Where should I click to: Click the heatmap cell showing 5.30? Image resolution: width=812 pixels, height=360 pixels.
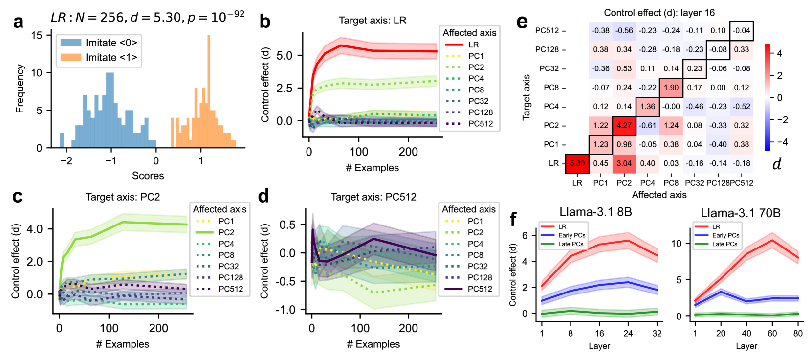pyautogui.click(x=577, y=163)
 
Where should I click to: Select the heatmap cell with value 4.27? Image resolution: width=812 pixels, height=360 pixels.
pyautogui.click(x=624, y=125)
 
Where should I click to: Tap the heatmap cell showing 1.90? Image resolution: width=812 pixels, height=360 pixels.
pyautogui.click(x=671, y=88)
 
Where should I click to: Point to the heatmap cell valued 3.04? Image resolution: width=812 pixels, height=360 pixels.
pyautogui.click(x=624, y=163)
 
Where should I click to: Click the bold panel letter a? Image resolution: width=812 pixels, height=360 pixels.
pyautogui.click(x=19, y=22)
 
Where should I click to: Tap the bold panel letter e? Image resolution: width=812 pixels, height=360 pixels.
pyautogui.click(x=522, y=22)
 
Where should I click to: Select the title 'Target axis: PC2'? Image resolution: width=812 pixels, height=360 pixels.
pyautogui.click(x=123, y=197)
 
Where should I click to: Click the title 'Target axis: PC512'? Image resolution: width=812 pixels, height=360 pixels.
pyautogui.click(x=373, y=197)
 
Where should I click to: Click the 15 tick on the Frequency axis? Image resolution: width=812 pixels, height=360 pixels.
pyautogui.click(x=37, y=35)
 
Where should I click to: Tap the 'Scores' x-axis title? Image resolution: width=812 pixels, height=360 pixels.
pyautogui.click(x=148, y=176)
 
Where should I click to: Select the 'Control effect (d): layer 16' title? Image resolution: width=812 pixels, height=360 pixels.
pyautogui.click(x=659, y=13)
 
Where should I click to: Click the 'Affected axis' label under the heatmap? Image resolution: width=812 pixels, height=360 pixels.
pyautogui.click(x=659, y=195)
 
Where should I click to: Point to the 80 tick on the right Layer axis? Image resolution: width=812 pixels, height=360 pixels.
pyautogui.click(x=798, y=333)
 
